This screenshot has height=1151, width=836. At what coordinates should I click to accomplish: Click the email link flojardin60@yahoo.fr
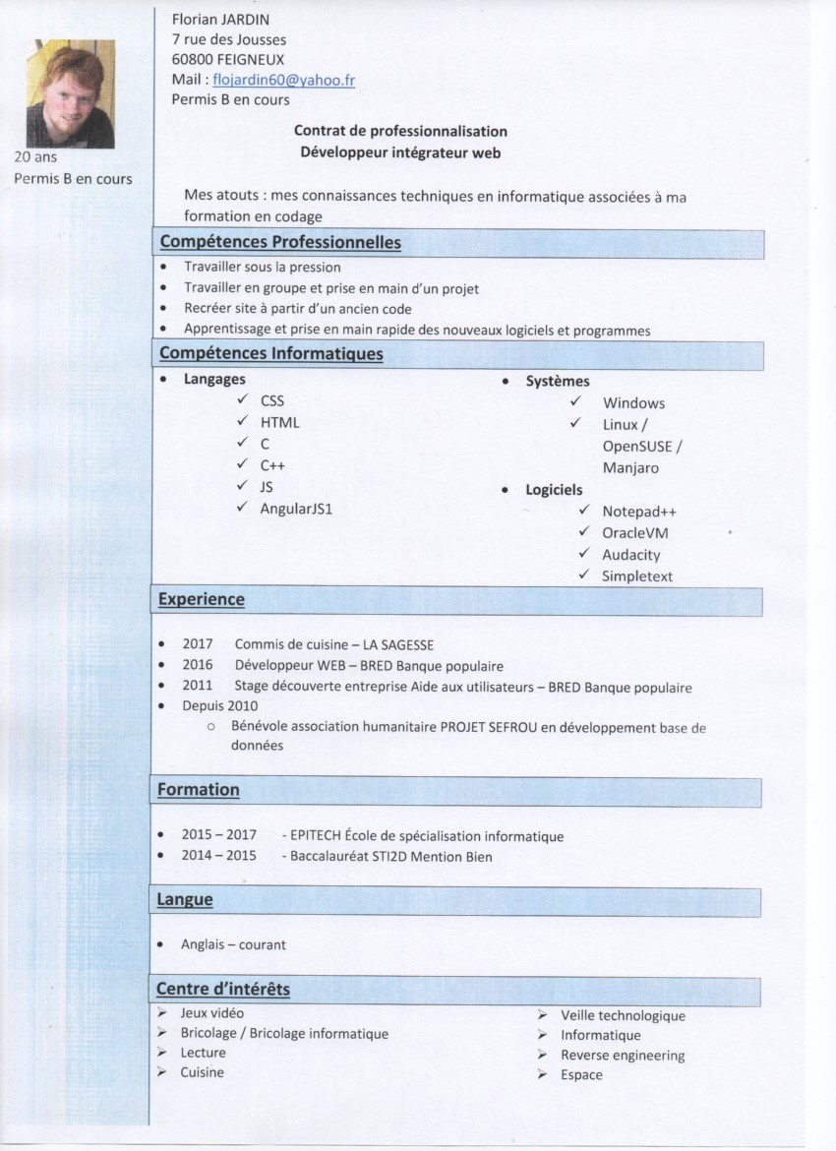283,80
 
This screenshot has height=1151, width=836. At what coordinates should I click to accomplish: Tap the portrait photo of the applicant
71,93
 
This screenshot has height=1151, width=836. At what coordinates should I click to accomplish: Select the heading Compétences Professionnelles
280,242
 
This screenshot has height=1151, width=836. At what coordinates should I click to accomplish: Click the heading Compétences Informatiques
271,353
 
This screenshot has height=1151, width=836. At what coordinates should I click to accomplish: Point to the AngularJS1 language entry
296,509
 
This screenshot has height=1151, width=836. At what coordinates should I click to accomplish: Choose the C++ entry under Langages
272,465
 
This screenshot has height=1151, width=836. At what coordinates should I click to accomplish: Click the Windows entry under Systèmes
633,402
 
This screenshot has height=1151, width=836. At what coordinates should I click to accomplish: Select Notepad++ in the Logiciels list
639,512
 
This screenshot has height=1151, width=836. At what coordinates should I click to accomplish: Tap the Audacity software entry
631,555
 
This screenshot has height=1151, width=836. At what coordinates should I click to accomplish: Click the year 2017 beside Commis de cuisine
197,644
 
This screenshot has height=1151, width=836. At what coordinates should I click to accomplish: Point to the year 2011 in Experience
197,687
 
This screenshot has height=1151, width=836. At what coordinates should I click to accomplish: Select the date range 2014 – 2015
218,856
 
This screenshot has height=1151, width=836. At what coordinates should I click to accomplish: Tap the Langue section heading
185,899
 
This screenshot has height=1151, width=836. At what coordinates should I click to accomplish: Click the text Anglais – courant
233,944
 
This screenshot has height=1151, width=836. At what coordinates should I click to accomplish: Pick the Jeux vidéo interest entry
212,1012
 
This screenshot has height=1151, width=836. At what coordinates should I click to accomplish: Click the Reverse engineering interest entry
623,1056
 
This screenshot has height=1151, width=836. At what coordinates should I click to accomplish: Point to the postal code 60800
192,59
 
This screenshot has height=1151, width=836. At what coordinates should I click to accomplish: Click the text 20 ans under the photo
35,156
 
